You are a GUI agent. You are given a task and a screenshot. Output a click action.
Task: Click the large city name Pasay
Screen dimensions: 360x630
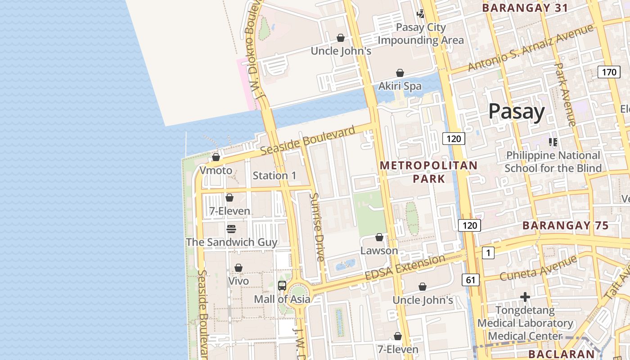pyautogui.click(x=516, y=111)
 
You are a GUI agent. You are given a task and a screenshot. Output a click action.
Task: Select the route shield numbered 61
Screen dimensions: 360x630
pyautogui.click(x=470, y=280)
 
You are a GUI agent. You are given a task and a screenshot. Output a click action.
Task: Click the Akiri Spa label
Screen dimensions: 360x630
pyautogui.click(x=400, y=86)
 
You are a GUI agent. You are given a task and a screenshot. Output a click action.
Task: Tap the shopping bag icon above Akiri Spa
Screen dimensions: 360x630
pyautogui.click(x=400, y=73)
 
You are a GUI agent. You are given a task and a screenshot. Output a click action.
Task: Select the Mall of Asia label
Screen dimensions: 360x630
pyautogui.click(x=282, y=299)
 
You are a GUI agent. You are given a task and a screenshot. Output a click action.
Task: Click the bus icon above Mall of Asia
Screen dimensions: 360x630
pyautogui.click(x=282, y=285)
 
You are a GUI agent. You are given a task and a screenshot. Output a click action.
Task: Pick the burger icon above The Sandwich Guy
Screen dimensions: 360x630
pyautogui.click(x=231, y=229)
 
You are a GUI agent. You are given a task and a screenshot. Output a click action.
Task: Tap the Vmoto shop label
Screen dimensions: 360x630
pyautogui.click(x=216, y=171)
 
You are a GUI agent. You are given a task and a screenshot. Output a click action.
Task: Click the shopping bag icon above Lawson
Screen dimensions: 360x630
pyautogui.click(x=379, y=237)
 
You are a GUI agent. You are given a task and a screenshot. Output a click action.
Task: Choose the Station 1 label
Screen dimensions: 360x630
pyautogui.click(x=274, y=175)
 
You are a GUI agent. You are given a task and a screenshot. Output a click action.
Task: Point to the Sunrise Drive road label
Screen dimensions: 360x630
pyautogui.click(x=318, y=227)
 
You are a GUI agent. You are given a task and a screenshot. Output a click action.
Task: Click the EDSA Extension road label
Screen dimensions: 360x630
pyautogui.click(x=405, y=267)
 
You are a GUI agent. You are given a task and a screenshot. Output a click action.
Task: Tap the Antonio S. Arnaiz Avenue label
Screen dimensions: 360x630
pyautogui.click(x=531, y=48)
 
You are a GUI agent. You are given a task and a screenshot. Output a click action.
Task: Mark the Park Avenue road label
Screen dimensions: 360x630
pyautogui.click(x=565, y=94)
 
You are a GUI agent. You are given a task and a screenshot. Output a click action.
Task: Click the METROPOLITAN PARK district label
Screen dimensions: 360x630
pyautogui.click(x=428, y=172)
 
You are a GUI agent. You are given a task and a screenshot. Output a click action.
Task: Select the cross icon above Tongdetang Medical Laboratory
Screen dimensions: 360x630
pyautogui.click(x=525, y=297)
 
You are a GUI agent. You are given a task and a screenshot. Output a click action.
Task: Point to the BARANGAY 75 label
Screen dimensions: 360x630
pyautogui.click(x=566, y=225)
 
